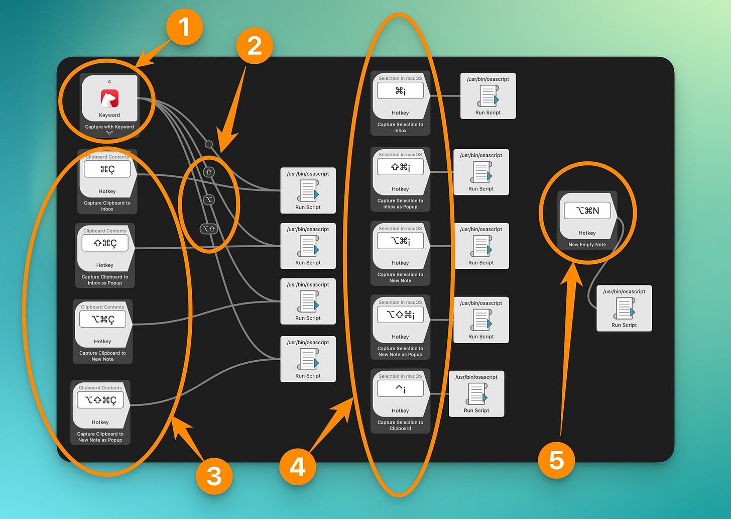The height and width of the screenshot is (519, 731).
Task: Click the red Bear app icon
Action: (x=109, y=98)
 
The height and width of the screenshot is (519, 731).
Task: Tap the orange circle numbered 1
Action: (x=184, y=26)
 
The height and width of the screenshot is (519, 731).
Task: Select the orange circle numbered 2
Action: (x=255, y=46)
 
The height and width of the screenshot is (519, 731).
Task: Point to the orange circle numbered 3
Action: (x=214, y=475)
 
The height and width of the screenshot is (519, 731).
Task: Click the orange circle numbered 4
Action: (x=298, y=466)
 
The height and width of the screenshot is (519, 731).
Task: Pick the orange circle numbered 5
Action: (x=556, y=460)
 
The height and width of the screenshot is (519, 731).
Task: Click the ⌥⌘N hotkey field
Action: (x=587, y=211)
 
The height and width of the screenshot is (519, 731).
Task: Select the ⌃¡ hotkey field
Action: (x=400, y=388)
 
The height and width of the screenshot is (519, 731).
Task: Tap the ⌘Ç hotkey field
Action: (x=107, y=169)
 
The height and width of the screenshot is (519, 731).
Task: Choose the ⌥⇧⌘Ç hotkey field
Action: (x=100, y=400)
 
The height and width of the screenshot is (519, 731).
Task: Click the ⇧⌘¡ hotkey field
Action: (x=400, y=167)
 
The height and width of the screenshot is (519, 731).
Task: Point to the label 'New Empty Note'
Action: (x=587, y=245)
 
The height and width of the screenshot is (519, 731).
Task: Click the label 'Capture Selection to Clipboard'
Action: (x=400, y=426)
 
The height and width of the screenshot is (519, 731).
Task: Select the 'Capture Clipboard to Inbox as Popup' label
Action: (x=105, y=280)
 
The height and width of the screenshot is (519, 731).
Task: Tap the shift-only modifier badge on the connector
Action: (x=209, y=172)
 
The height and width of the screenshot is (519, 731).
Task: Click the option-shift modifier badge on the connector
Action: (x=208, y=229)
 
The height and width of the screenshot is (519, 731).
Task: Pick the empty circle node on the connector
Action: (x=209, y=145)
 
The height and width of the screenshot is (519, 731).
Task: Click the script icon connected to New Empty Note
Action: (x=624, y=308)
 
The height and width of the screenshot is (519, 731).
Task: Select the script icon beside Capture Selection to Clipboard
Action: (x=476, y=394)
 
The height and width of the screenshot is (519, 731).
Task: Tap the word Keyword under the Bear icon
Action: (x=109, y=115)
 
